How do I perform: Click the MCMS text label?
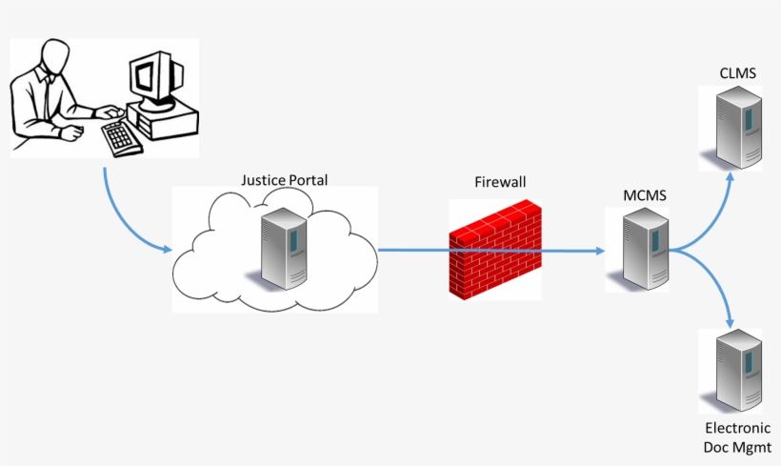tap(645, 196)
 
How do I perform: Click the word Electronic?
tap(738, 429)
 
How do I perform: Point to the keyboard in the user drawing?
tap(122, 137)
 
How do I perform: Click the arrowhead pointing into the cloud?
tap(166, 250)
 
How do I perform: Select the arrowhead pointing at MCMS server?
tap(600, 252)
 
